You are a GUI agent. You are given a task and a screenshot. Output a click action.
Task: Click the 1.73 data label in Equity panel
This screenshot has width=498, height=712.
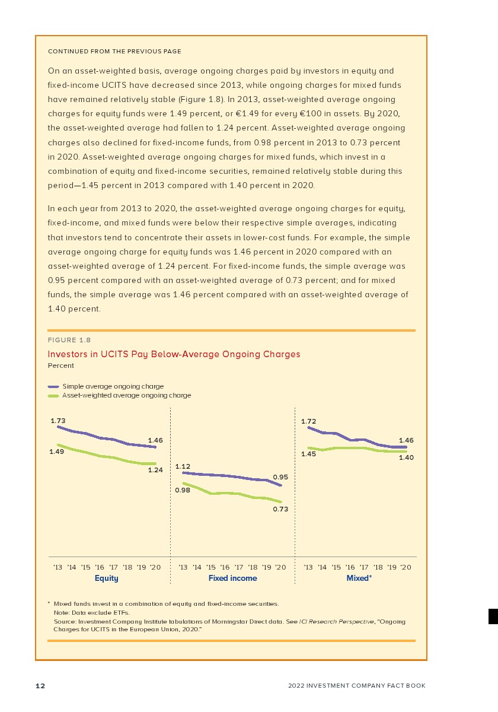point(58,420)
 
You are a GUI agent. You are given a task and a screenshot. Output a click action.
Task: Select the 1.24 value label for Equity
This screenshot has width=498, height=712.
point(155,470)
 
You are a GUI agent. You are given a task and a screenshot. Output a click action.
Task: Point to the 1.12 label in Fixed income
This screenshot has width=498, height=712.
point(183,466)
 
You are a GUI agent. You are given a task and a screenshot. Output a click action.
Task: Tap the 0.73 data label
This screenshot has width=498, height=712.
point(280,509)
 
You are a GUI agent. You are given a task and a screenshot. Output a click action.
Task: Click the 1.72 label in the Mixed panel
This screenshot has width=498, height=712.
point(308,422)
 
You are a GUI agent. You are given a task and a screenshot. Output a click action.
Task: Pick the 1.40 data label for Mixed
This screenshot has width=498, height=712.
point(406,457)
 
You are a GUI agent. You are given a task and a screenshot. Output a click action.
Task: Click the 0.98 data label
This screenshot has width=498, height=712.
point(183,490)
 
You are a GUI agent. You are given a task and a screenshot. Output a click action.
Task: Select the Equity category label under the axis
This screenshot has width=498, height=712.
point(107,578)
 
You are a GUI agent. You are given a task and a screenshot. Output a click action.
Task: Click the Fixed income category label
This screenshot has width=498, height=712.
point(232,578)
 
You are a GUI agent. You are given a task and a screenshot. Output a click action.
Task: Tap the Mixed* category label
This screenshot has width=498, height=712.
point(359,578)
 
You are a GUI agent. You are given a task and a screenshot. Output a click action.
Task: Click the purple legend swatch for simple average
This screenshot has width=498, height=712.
point(53,386)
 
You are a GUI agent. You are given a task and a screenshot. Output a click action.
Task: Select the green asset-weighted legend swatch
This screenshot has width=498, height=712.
point(53,395)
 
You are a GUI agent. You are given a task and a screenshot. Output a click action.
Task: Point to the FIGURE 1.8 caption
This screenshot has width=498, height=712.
point(69,340)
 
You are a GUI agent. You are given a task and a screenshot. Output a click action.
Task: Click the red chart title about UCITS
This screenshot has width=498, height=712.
point(174,354)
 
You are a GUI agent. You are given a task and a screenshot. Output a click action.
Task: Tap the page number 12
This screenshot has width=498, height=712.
point(40,686)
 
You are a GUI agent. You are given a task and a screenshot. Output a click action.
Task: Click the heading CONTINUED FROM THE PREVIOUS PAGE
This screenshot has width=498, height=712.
point(114,52)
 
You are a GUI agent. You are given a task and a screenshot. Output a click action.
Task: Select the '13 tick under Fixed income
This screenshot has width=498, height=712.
point(183,567)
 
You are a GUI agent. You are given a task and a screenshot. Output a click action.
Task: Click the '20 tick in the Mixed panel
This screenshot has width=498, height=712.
point(406,567)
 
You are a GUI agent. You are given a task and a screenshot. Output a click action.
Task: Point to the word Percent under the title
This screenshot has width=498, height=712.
point(60,365)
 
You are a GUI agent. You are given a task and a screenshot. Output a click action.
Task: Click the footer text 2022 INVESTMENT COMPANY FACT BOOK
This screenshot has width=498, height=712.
point(357,686)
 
